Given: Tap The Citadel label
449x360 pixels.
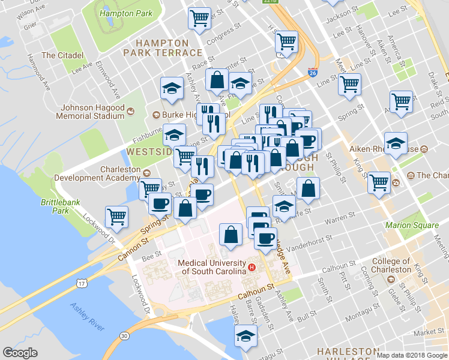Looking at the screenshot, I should point(62,55).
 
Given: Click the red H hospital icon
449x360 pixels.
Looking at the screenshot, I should point(252,268).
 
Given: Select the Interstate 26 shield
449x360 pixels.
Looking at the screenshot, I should point(313,72).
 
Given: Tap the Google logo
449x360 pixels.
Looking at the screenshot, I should point(20,353).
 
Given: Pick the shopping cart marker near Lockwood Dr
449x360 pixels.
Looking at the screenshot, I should point(116,217).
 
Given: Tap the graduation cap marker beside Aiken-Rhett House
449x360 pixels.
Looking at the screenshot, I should point(396,144).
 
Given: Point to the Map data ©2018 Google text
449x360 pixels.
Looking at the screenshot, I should point(411,355).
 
